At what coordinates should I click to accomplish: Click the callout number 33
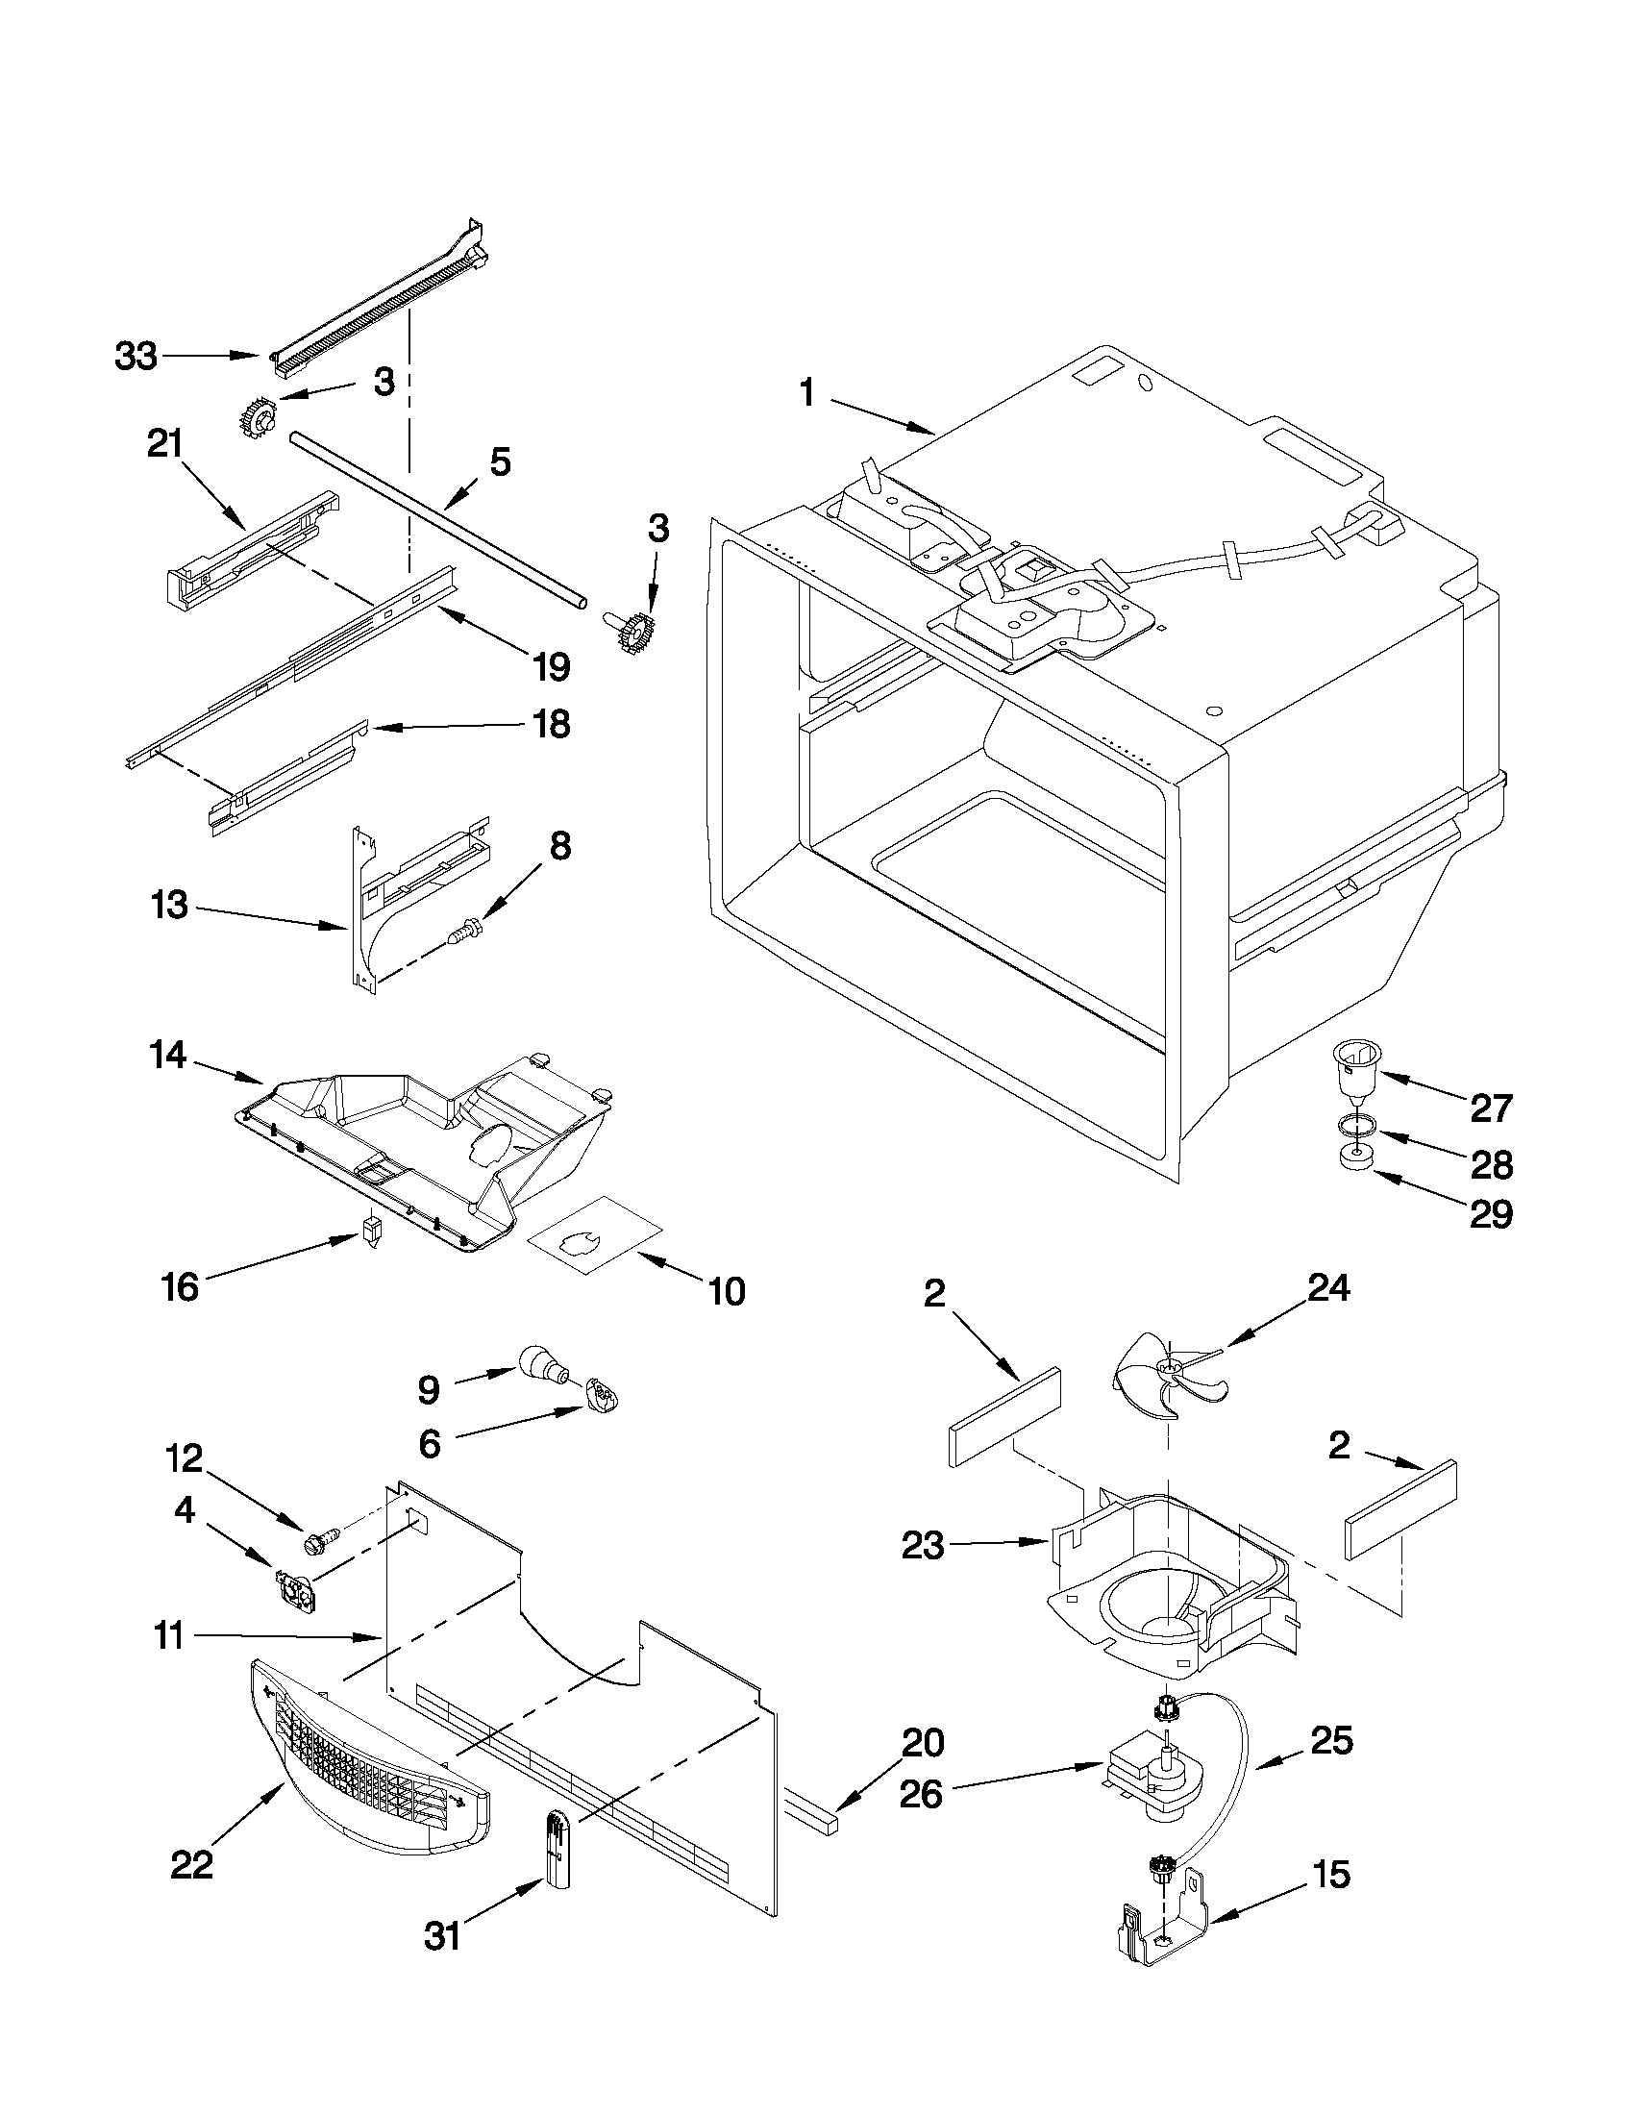click(136, 357)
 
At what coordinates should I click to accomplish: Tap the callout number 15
click(1332, 1874)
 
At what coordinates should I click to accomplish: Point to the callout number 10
click(727, 1290)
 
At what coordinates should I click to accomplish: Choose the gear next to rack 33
click(258, 418)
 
